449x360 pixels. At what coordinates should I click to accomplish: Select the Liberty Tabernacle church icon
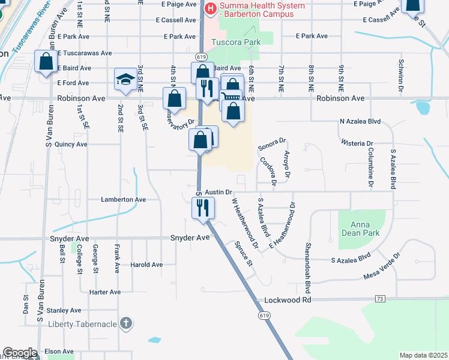click(x=125, y=323)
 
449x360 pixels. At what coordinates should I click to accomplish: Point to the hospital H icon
click(x=211, y=8)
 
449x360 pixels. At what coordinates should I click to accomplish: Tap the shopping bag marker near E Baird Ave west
click(x=46, y=61)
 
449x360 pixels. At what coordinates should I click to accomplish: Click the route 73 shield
click(x=379, y=298)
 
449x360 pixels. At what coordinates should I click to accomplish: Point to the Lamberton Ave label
click(x=123, y=199)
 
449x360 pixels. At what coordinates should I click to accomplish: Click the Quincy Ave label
click(x=71, y=145)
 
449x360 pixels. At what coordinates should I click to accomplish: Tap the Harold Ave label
click(x=146, y=265)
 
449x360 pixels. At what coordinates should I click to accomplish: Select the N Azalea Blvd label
click(x=360, y=121)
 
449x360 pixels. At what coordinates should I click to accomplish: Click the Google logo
click(x=19, y=352)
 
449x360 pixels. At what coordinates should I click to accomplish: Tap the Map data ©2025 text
click(x=423, y=355)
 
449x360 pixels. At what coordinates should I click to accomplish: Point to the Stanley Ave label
click(x=64, y=310)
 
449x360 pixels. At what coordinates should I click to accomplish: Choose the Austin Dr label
click(x=218, y=192)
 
